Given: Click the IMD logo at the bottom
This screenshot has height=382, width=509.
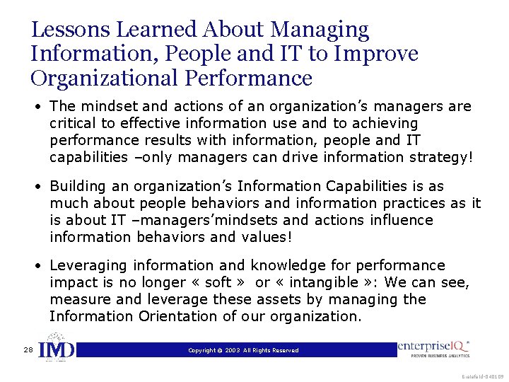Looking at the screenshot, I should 56,349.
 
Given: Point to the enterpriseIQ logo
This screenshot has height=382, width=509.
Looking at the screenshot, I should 433,349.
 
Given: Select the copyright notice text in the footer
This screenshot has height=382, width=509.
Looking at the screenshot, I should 243,350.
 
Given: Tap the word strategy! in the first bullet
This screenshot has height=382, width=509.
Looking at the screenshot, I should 442,158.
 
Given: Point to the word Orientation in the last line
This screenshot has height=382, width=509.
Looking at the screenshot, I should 184,316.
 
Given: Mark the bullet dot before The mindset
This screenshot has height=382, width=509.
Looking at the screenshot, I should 42,107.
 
